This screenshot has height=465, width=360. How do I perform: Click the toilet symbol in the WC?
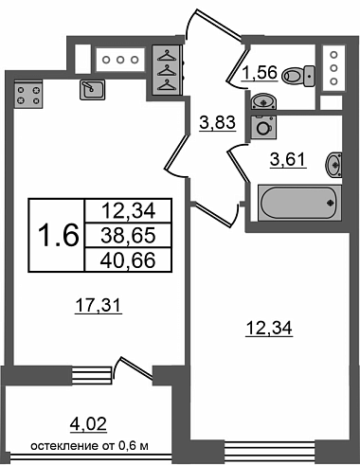(298, 77)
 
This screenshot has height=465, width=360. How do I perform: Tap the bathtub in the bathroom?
(299, 203)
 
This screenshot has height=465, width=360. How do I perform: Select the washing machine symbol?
(263, 127)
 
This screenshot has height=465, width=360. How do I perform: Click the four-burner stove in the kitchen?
(28, 95)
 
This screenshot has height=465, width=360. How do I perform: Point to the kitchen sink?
(92, 90)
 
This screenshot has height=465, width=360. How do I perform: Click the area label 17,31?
(99, 306)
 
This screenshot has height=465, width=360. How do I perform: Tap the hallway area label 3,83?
(218, 122)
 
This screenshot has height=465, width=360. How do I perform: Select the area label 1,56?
(260, 73)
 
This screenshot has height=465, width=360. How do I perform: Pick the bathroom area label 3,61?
(288, 159)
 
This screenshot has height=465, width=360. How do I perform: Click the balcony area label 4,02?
(88, 424)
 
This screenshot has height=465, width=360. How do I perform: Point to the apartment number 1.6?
(58, 235)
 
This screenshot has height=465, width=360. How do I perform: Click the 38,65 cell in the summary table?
(128, 235)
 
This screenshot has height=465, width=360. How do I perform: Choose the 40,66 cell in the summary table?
(128, 259)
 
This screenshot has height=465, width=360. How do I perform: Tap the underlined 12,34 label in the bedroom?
(269, 329)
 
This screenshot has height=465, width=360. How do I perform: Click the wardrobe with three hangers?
(166, 70)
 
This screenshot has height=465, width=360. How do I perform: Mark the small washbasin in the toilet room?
(264, 101)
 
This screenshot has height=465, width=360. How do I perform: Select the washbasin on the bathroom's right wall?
(334, 165)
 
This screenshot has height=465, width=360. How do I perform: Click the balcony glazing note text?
(90, 446)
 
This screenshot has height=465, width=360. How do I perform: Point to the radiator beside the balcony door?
(92, 375)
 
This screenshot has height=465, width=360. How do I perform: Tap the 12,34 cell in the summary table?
(128, 211)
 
